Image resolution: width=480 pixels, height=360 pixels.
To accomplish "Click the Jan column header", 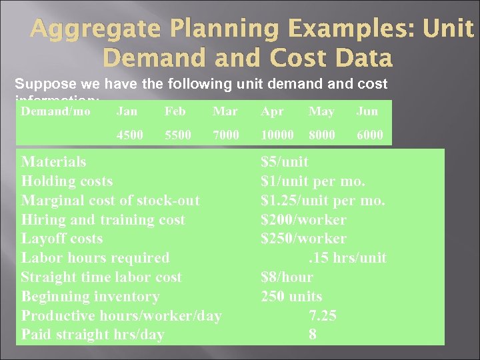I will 127,111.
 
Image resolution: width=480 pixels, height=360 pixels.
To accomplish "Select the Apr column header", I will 272,111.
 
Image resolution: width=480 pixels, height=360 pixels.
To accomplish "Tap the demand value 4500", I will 130,135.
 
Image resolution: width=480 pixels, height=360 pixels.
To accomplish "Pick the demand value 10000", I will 277,135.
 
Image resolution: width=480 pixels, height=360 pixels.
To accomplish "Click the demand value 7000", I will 226,135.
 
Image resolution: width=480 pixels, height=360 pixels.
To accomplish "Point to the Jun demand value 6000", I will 369,135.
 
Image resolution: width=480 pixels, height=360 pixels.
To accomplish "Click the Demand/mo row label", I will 55,111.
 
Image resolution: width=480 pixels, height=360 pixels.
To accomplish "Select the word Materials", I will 53,162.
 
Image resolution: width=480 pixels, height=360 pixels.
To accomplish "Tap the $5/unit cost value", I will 285,162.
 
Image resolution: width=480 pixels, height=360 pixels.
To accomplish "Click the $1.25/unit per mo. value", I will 323,200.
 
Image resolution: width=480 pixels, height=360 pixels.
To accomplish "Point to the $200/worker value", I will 303,219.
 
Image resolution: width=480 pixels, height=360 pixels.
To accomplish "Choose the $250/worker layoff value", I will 303,239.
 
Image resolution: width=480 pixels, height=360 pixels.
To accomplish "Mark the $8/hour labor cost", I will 287,277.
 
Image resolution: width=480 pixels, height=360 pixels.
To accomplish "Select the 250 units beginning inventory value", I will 291,296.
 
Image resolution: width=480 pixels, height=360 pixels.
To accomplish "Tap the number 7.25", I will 322,315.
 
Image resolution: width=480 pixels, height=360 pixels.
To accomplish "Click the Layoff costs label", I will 62,239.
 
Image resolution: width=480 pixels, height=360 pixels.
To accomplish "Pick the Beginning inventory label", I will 90,296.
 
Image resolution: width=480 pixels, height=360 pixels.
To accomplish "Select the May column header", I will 321,111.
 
